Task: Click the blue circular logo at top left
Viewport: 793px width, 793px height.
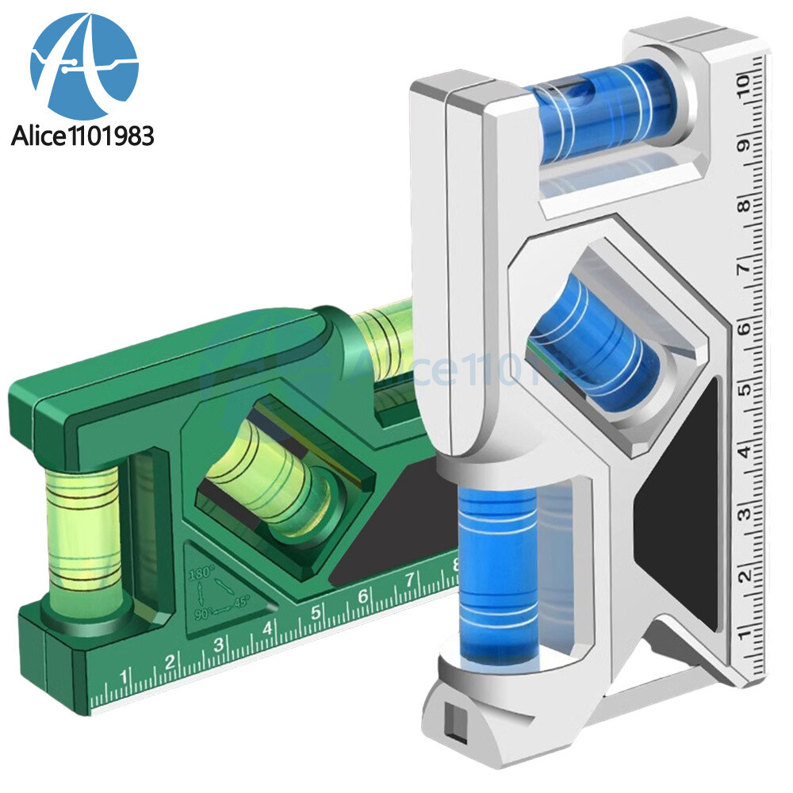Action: (84, 67)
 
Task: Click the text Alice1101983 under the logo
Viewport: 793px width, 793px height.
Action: (82, 136)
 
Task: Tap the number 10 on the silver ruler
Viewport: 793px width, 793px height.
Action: (743, 82)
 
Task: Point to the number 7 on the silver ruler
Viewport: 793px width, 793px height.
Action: (743, 268)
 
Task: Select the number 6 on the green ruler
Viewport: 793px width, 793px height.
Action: (362, 595)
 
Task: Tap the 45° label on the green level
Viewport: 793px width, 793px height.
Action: (240, 601)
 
